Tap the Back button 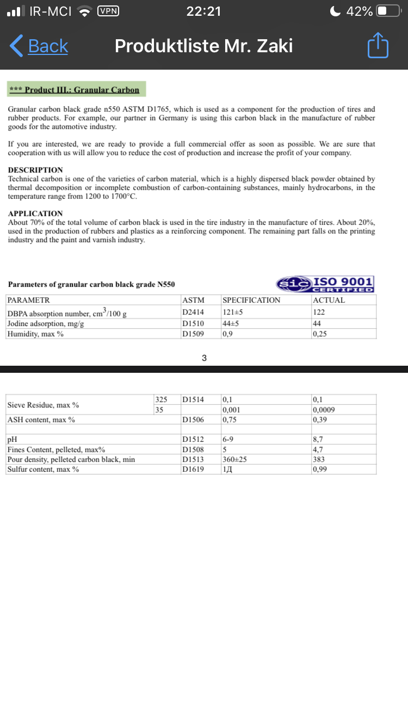39,46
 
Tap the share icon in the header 378,46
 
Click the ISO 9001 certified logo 325,284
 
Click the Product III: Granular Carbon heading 77,90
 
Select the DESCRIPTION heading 35,170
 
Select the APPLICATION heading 35,213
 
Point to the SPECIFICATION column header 251,300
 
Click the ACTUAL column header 329,300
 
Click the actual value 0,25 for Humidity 320,334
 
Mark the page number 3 204,358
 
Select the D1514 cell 193,400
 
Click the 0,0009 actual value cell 323,410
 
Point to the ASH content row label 41,420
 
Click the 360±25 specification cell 234,459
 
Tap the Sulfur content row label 43,469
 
